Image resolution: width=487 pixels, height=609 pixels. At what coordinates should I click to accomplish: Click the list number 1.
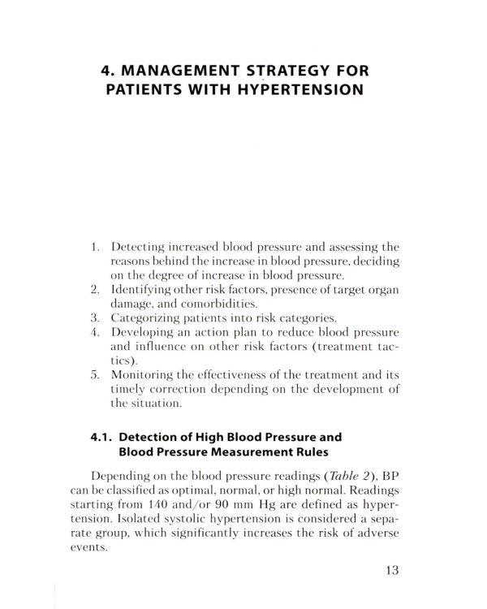[x=94, y=244]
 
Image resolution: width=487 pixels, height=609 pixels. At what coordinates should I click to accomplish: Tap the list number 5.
[x=94, y=377]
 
